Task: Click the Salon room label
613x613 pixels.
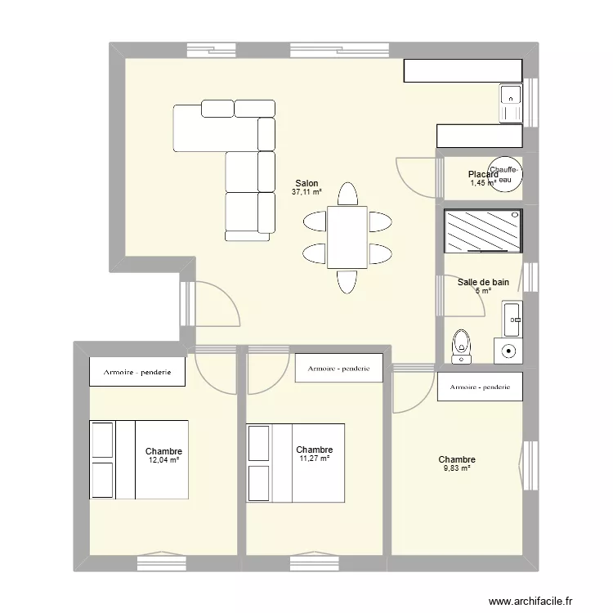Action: click(306, 184)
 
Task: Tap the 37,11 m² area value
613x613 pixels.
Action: click(306, 193)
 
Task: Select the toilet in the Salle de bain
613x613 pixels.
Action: click(462, 346)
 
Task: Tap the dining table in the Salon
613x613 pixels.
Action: click(347, 237)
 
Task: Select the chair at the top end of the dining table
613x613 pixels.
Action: click(347, 195)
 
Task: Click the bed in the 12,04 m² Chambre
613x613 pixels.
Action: click(139, 460)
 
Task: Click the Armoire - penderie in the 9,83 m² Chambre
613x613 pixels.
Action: click(480, 387)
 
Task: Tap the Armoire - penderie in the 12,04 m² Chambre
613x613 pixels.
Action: click(137, 373)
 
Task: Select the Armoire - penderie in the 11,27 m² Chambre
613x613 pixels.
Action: click(339, 369)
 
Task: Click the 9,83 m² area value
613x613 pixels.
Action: click(456, 468)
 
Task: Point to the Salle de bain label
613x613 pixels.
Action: click(483, 282)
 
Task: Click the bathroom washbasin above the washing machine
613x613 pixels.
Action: click(512, 319)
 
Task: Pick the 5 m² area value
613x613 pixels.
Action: click(482, 291)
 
